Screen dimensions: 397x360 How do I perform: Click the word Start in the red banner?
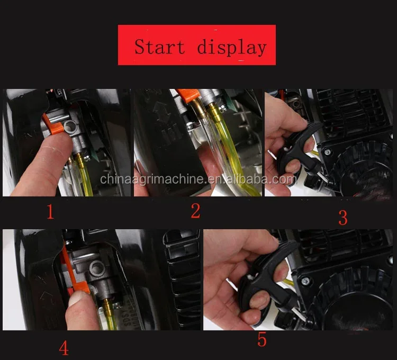point(159,47)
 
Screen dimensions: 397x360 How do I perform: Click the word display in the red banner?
point(232,47)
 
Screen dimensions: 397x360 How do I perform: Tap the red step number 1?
point(50,212)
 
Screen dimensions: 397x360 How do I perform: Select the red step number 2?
point(195,211)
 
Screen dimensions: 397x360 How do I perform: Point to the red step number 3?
point(343,218)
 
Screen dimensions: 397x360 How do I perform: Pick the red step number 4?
point(64,348)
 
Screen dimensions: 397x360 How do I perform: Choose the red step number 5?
point(262,340)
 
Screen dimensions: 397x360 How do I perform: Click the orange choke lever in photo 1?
point(55,125)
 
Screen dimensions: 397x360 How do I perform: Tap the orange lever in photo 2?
point(188,95)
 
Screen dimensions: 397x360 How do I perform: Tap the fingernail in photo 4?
point(76,298)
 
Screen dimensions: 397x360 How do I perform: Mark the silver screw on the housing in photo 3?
point(328,151)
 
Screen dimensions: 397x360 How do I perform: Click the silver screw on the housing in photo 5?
point(305,281)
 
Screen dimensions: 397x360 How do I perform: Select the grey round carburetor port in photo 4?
point(96,268)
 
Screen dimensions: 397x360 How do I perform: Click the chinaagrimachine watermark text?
point(198,179)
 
